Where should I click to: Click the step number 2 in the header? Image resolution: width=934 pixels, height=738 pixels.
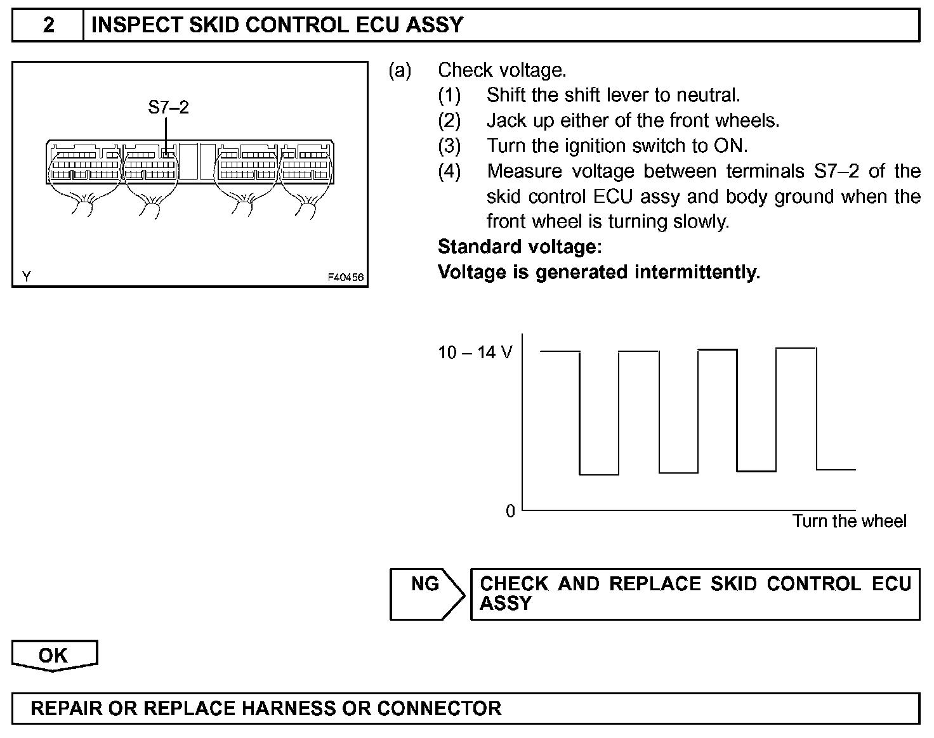pos(48,25)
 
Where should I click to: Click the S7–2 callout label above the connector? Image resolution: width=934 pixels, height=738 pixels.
pos(168,107)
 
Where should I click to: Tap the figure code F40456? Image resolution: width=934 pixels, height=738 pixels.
pos(345,277)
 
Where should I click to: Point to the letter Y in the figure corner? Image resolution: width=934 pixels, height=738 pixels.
pos(27,277)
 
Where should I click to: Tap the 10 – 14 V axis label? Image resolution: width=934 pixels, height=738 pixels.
pos(475,353)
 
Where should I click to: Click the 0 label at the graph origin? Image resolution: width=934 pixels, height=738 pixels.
pos(510,511)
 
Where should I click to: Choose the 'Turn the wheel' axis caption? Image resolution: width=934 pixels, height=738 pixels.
pos(849,521)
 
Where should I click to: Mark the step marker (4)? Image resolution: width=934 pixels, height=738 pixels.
pos(449,171)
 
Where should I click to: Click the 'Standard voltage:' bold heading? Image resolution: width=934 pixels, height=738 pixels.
pos(520,246)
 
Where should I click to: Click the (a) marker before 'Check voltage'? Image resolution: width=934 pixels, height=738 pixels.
pos(400,70)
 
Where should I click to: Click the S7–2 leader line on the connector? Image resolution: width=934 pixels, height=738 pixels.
pos(166,133)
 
